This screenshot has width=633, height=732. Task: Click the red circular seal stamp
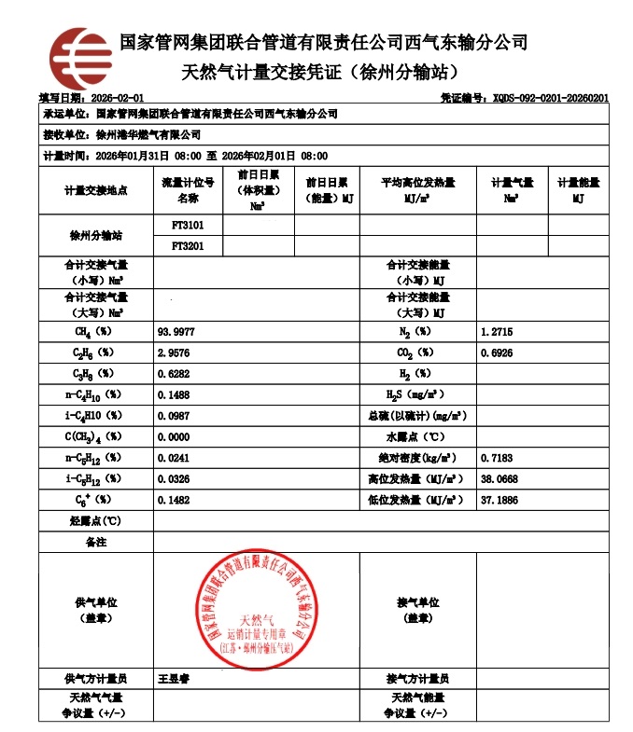(255, 610)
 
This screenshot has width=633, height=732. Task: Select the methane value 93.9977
(176, 331)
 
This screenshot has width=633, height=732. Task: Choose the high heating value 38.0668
(499, 478)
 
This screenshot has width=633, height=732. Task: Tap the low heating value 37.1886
(499, 500)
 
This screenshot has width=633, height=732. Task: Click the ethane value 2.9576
(174, 352)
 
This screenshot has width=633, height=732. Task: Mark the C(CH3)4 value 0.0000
(174, 436)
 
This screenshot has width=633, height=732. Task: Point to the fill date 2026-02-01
(116, 98)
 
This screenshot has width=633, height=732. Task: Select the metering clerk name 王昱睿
(175, 679)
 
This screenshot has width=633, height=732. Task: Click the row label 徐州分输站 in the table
(95, 236)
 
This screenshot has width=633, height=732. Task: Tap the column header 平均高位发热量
(417, 183)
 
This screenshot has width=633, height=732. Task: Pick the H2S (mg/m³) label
(416, 394)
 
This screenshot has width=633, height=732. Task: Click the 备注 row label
(95, 542)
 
